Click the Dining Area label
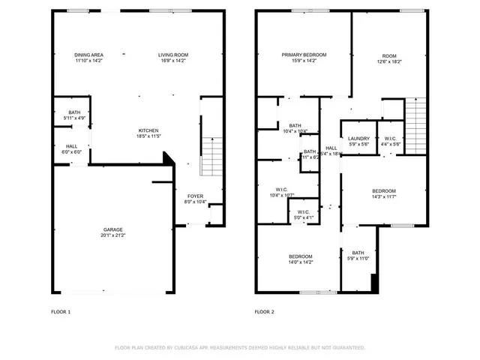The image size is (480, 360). click(x=88, y=55)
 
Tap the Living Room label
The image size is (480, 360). click(x=172, y=55)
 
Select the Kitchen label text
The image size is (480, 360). click(x=148, y=130)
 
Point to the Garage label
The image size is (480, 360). click(x=113, y=229)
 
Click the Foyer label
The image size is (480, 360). click(x=194, y=196)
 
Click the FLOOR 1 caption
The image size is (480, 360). click(x=60, y=311)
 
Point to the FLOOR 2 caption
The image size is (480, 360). click(x=264, y=311)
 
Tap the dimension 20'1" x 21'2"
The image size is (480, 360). click(x=113, y=235)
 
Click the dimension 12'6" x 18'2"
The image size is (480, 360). click(x=389, y=61)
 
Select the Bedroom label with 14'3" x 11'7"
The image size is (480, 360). click(x=383, y=191)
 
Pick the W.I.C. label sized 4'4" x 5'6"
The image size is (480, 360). click(x=390, y=139)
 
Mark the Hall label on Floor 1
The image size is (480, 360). click(x=71, y=146)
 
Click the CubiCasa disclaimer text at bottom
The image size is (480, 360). click(x=239, y=348)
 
